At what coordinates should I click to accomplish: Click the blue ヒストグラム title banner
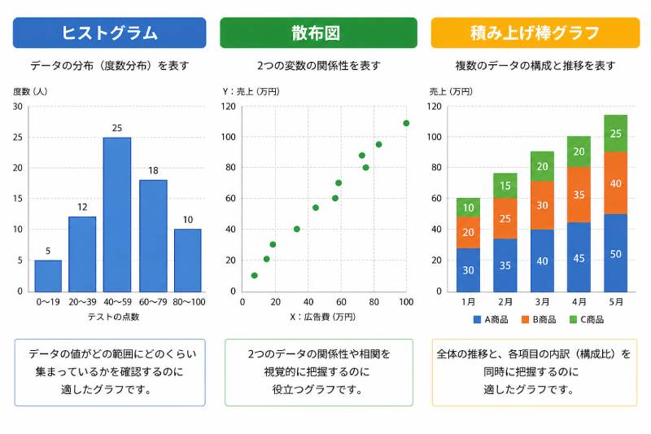110,33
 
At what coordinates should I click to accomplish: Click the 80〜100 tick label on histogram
189,302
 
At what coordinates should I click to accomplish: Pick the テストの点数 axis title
114,317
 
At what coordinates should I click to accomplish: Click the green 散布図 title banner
318,33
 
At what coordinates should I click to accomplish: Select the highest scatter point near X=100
406,123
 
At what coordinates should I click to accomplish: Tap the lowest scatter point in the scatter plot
255,275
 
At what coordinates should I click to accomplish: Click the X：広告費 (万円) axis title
322,317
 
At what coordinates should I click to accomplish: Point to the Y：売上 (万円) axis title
251,92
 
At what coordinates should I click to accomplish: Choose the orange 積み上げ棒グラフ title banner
535,33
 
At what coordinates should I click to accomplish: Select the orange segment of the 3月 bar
542,205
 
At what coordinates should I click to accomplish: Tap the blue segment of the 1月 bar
468,270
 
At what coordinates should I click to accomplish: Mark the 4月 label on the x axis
579,302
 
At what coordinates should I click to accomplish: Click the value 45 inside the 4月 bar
579,258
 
